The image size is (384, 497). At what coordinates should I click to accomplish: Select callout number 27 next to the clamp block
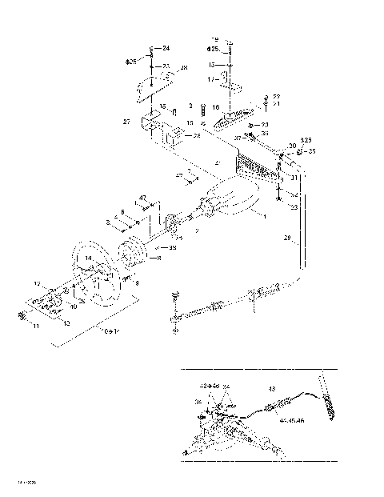pyautogui.click(x=126, y=122)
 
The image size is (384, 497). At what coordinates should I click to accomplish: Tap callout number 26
pyautogui.click(x=197, y=136)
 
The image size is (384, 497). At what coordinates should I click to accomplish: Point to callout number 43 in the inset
pyautogui.click(x=271, y=390)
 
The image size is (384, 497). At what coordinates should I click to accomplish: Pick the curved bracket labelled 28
pyautogui.click(x=160, y=83)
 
